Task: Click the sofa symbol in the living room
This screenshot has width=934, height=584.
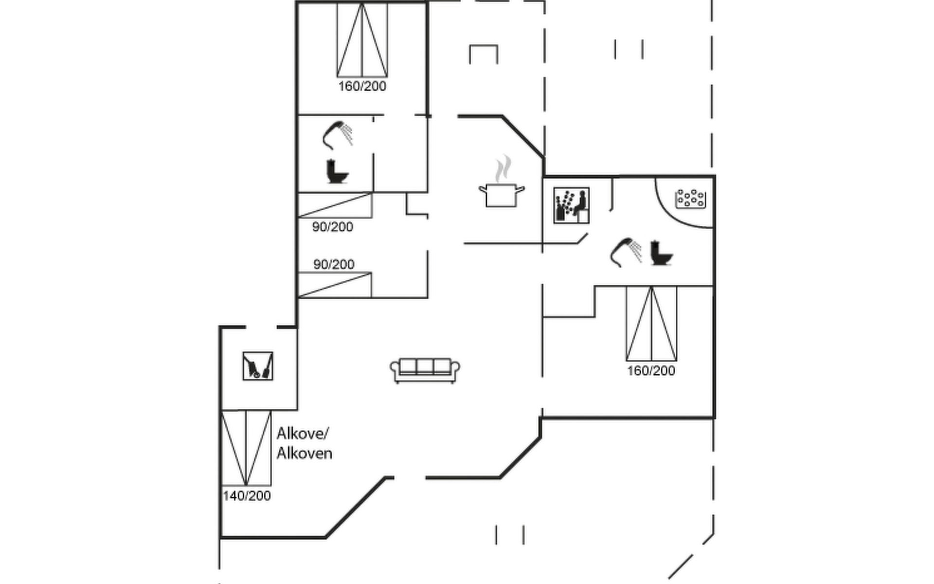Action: pyautogui.click(x=425, y=371)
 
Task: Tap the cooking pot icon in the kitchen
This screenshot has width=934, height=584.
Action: pyautogui.click(x=502, y=195)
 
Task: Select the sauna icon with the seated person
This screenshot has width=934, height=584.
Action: pyautogui.click(x=571, y=205)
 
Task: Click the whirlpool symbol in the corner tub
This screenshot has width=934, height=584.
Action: pyautogui.click(x=690, y=198)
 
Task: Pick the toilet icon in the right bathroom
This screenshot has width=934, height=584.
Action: pyautogui.click(x=662, y=253)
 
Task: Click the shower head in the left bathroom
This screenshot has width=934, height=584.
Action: pyautogui.click(x=338, y=134)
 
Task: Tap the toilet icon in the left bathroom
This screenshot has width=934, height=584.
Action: pyautogui.click(x=337, y=172)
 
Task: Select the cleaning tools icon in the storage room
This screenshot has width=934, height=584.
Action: pyautogui.click(x=258, y=366)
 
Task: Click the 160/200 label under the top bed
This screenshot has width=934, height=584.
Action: pyautogui.click(x=362, y=87)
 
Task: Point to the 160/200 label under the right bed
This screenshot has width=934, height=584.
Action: pyautogui.click(x=651, y=371)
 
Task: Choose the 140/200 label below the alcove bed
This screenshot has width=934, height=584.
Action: pyautogui.click(x=247, y=496)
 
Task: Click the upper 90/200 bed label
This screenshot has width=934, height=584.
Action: pyautogui.click(x=333, y=227)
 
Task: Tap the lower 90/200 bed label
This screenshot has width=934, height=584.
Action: pyautogui.click(x=334, y=264)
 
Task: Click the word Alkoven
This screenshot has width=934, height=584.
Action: pyautogui.click(x=305, y=454)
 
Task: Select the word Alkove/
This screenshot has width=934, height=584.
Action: pyautogui.click(x=303, y=433)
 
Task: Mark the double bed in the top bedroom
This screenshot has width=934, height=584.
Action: pyautogui.click(x=362, y=40)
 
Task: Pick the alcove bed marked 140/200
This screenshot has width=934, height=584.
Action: pyautogui.click(x=246, y=448)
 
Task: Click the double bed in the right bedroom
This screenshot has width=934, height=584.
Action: pyautogui.click(x=651, y=324)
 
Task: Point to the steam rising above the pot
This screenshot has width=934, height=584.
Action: pyautogui.click(x=503, y=168)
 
